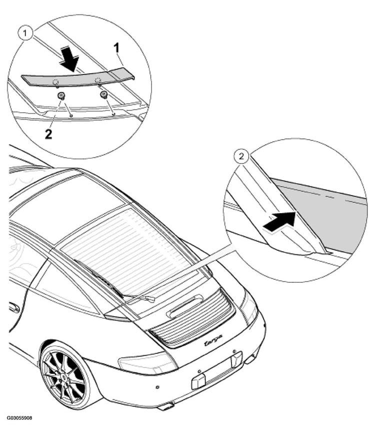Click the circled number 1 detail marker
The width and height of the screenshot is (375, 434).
[x=25, y=34]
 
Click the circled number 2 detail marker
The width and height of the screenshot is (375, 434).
[x=241, y=157]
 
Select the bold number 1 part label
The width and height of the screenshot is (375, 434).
[x=116, y=48]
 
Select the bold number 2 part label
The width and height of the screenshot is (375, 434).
[x=48, y=134]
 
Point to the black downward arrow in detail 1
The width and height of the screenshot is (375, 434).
[x=69, y=59]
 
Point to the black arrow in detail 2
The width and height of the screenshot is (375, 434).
[x=280, y=221]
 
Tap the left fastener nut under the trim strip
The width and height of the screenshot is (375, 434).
[x=61, y=96]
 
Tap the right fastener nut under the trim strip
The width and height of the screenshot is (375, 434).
[x=104, y=95]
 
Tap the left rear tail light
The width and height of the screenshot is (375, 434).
[x=148, y=362]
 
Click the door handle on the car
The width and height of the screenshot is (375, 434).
[x=14, y=307]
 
